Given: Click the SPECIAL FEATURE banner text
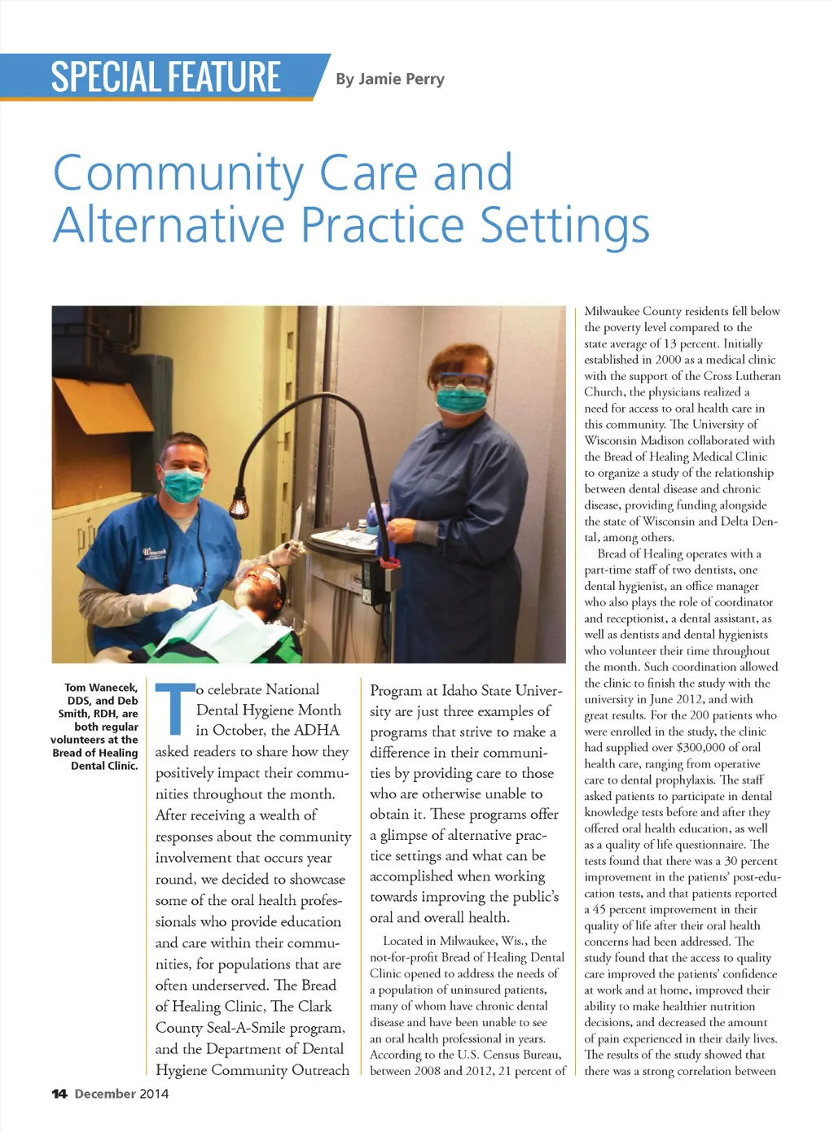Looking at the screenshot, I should (165, 77).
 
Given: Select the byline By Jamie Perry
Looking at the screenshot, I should (390, 79).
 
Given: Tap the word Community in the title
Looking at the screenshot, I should (178, 173).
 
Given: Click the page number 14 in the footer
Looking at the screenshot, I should (59, 1094).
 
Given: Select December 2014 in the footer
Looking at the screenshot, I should (121, 1094).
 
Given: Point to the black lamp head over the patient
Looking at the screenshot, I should (239, 508).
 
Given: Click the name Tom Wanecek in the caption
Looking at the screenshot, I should (101, 688).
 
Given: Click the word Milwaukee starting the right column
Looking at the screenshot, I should (612, 311).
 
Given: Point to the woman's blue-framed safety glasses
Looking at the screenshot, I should (462, 380).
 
